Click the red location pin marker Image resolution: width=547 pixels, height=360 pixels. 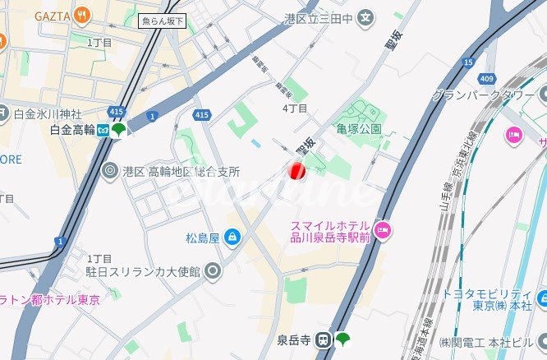pos(296,170)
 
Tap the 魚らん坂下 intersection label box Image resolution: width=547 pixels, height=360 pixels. pos(163,21)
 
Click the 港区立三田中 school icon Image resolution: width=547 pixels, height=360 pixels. pos(365,16)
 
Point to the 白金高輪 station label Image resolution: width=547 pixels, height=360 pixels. pos(71,130)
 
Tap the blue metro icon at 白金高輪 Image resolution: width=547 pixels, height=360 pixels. pos(103,130)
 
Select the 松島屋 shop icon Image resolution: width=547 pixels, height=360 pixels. pos(233,238)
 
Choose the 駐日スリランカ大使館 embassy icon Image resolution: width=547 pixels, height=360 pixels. pos(213,270)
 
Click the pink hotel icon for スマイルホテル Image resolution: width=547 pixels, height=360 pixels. pos(382,228)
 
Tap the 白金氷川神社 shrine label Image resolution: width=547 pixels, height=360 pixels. pos(48,113)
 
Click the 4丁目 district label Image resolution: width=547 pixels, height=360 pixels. pos(294,108)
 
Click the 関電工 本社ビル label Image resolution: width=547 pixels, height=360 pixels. pos(490,341)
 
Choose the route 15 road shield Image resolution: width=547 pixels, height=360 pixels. pos(468,62)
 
